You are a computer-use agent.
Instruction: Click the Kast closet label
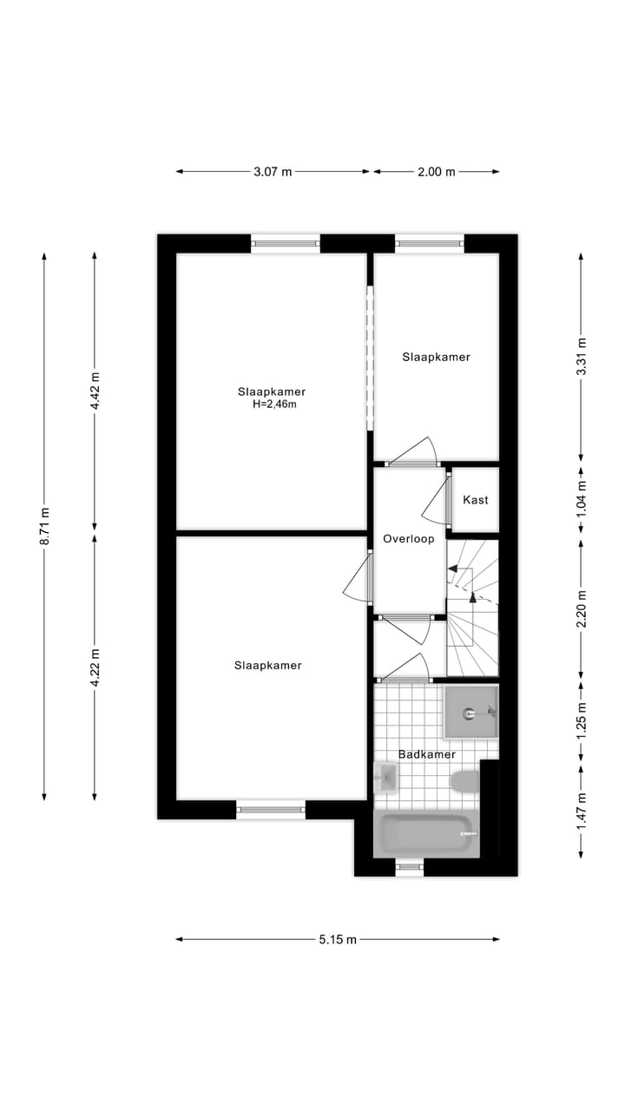[476, 500]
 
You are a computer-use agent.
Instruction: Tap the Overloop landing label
[408, 539]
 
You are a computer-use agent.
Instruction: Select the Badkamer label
[427, 755]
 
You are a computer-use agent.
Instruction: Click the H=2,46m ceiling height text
[274, 404]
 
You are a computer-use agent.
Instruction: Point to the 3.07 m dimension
[273, 172]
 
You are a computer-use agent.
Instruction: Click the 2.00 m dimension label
[436, 172]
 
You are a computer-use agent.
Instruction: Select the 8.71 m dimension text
[44, 526]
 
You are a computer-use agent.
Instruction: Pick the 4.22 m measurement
[95, 667]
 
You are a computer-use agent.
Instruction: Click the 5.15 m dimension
[338, 939]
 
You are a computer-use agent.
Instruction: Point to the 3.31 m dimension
[581, 356]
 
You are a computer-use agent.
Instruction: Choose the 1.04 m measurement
[581, 499]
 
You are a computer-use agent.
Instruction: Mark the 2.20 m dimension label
[581, 608]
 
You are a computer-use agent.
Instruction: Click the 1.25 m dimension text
[581, 720]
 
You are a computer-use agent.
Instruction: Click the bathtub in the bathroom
[425, 835]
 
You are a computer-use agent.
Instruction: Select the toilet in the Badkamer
[465, 781]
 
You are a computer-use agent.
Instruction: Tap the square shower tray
[471, 712]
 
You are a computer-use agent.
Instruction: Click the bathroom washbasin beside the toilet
[385, 779]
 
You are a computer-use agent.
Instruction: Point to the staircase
[473, 608]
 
